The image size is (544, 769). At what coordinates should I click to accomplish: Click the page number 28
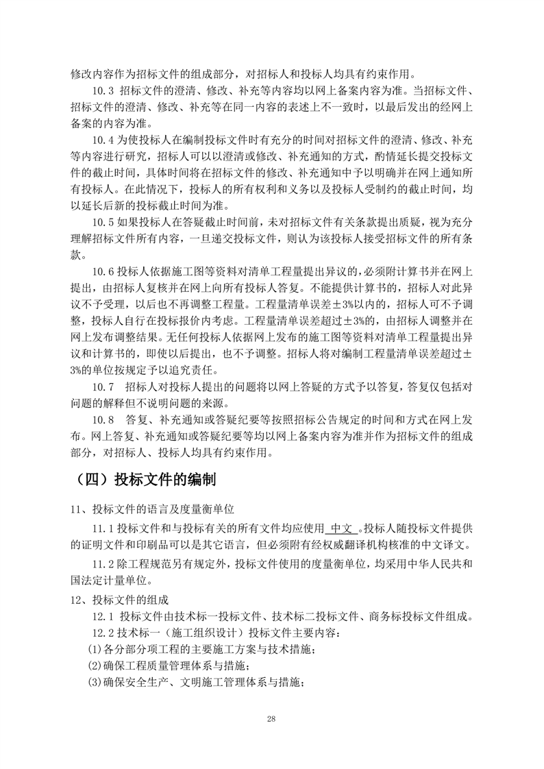pos(272,719)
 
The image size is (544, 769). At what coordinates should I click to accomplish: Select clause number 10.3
pos(103,92)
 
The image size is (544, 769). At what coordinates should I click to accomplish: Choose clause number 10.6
pos(103,272)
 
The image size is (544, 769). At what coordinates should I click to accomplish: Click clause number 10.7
pos(103,387)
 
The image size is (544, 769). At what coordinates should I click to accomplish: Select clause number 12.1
pos(103,616)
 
